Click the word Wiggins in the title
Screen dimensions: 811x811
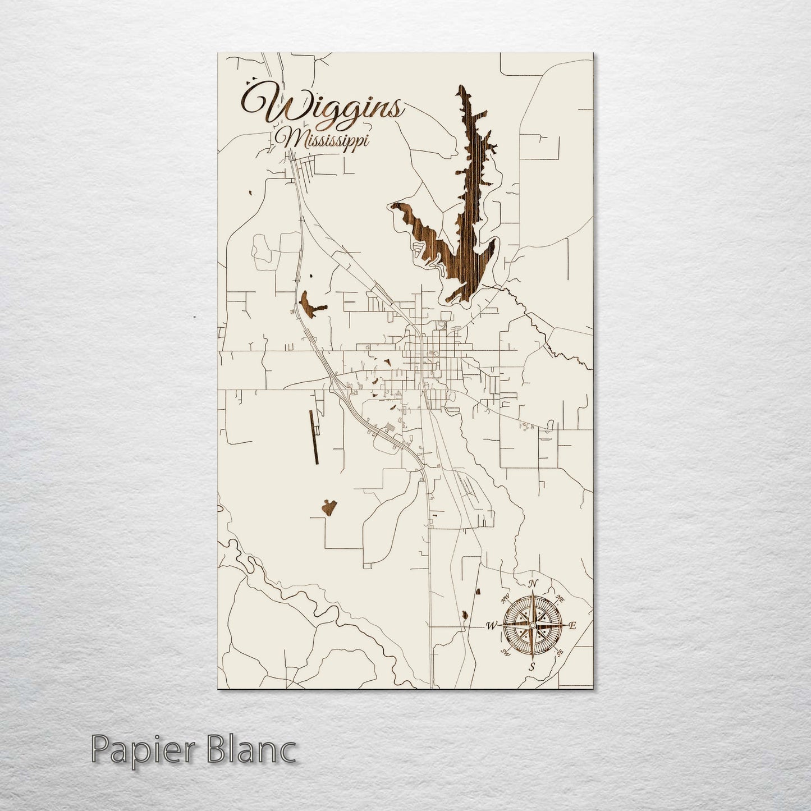[323, 107]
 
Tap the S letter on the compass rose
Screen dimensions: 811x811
[533, 667]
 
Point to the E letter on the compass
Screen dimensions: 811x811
[572, 626]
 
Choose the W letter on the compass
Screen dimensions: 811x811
[492, 625]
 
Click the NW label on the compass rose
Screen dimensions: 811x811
[506, 598]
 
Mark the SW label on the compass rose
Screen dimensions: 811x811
[506, 652]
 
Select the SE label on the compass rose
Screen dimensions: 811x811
[559, 652]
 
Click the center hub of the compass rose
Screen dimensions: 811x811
[532, 625]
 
